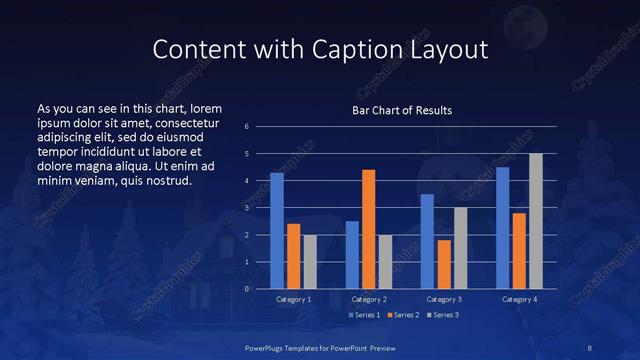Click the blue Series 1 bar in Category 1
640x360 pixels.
(x=277, y=231)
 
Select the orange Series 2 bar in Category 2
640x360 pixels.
(x=368, y=229)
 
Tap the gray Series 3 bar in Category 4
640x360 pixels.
(x=535, y=221)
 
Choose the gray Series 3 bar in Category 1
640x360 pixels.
(x=309, y=262)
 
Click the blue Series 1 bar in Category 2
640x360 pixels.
(x=352, y=255)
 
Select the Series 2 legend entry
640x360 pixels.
(x=399, y=315)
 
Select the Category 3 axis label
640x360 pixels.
(x=443, y=299)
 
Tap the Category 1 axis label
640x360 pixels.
(x=293, y=299)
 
